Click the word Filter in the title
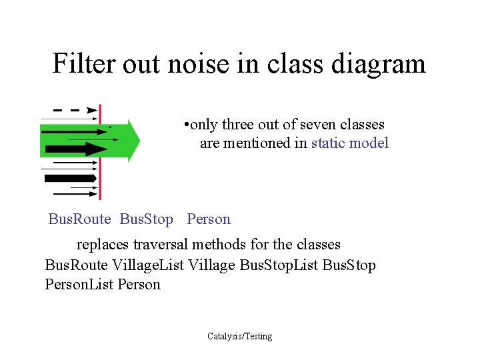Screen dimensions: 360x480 tap(79, 64)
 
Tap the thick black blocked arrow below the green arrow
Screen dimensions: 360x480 tap(70, 178)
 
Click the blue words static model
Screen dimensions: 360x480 tap(349, 143)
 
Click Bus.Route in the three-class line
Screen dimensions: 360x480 tap(79, 219)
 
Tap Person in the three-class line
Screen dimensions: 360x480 tap(209, 219)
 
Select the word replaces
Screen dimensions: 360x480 tap(103, 244)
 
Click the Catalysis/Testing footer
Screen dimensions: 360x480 tap(239, 336)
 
